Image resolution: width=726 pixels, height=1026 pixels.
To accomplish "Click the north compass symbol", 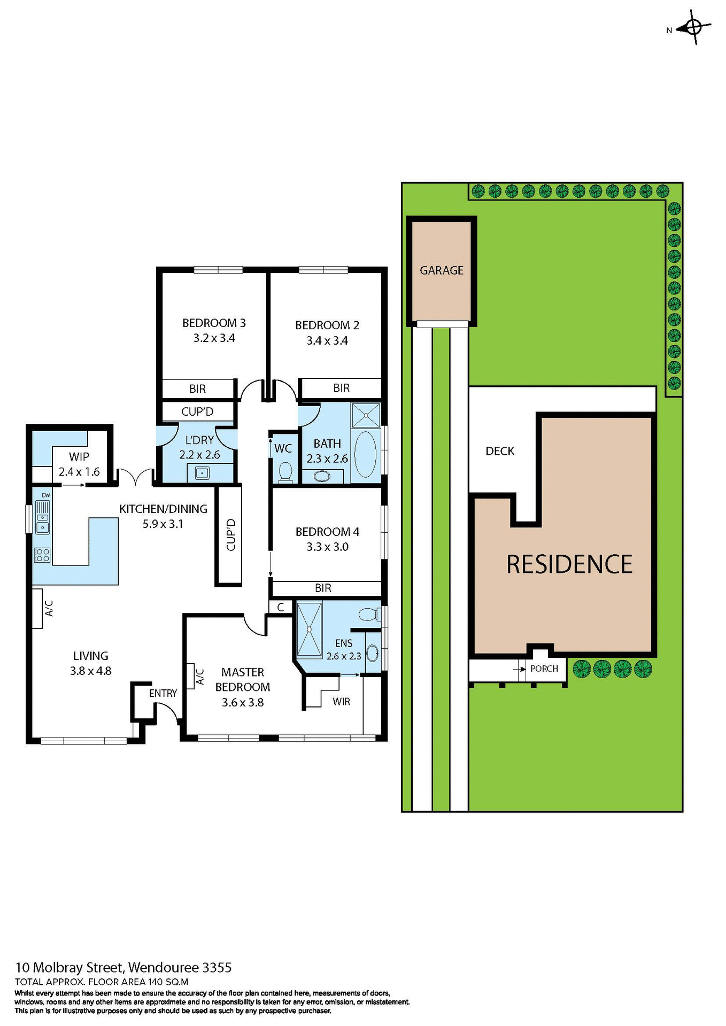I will pos(693,27).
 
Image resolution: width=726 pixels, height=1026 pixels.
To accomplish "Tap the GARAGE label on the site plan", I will pos(441,270).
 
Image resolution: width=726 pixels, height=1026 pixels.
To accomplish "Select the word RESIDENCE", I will pos(569,564).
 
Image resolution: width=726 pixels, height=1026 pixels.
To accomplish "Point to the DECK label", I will pos(499,451).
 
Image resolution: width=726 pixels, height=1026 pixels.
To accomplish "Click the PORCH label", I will pos(544,669).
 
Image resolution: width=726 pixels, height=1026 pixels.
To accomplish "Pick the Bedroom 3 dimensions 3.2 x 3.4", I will pos(214,338).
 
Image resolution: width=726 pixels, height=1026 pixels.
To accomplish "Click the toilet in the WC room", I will pos(285,472).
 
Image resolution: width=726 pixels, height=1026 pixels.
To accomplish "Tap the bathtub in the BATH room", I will pos(365,454).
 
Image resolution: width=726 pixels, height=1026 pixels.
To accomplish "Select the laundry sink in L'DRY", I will pos(202,472).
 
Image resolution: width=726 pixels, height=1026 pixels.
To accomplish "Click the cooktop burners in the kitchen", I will pos(42,555).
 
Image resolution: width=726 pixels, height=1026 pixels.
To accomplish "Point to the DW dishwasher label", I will pos(46,495).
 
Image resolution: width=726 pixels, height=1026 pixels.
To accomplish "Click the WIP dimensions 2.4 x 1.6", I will pos(79,472).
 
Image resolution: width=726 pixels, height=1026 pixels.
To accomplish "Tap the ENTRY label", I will pos(163,693).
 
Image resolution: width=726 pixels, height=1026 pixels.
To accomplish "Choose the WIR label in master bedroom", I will pos(341,702).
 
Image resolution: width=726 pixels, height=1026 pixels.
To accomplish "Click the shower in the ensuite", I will pos(309,629).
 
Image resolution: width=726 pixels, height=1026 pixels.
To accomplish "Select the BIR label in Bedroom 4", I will pos(323,588).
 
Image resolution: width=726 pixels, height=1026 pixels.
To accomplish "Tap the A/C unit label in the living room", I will pos(48,608).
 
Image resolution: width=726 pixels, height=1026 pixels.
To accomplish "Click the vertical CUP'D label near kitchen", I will pos(231,534).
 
